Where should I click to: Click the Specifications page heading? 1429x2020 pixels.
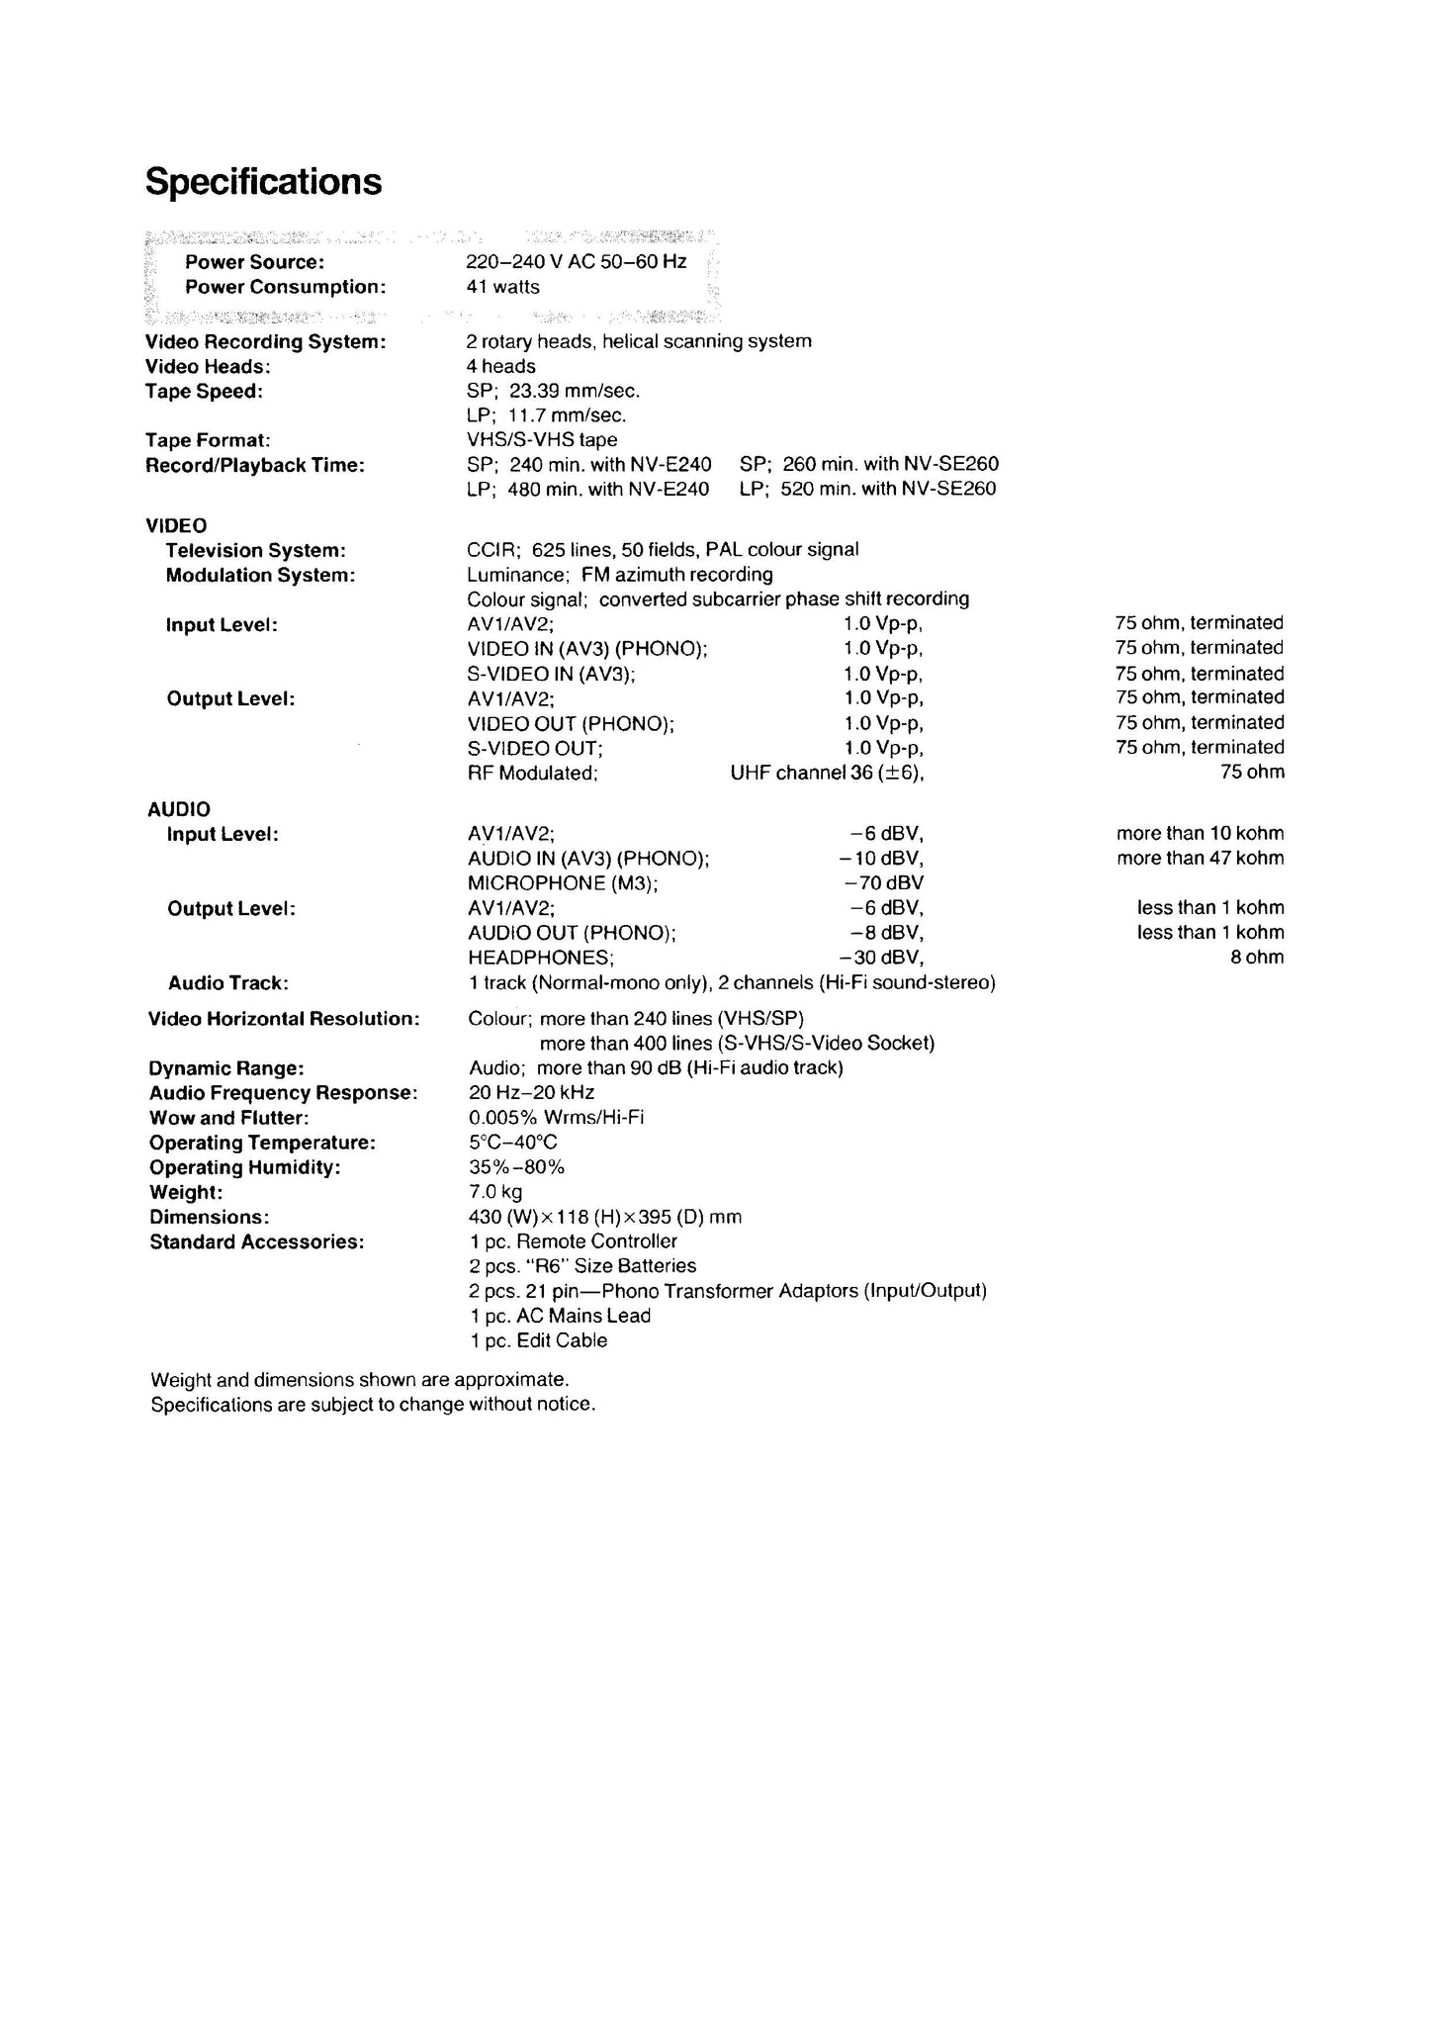tap(263, 182)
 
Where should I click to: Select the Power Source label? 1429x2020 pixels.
tap(254, 262)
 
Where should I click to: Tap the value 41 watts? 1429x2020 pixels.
tap(502, 287)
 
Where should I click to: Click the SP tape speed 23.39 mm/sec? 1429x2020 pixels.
tap(553, 391)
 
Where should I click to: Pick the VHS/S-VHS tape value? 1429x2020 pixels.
tap(541, 439)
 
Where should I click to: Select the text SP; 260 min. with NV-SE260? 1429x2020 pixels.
tap(868, 464)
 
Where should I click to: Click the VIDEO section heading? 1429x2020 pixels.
tap(176, 525)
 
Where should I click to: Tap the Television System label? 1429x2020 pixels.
tap(255, 550)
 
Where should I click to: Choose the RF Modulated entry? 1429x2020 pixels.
tap(532, 773)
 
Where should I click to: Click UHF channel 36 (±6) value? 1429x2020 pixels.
tap(827, 773)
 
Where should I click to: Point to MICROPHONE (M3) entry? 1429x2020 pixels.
tap(563, 882)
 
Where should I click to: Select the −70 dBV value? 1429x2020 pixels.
tap(883, 882)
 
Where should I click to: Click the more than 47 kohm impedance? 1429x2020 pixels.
tap(1200, 858)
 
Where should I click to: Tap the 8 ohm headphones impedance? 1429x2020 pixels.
tap(1256, 957)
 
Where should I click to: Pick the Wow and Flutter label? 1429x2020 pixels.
tap(228, 1118)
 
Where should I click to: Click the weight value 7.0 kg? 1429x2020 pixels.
tap(495, 1192)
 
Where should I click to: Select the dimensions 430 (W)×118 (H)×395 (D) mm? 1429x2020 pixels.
tap(604, 1217)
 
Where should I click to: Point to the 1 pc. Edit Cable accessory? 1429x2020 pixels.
tap(538, 1340)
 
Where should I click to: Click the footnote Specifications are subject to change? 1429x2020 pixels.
tap(373, 1404)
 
